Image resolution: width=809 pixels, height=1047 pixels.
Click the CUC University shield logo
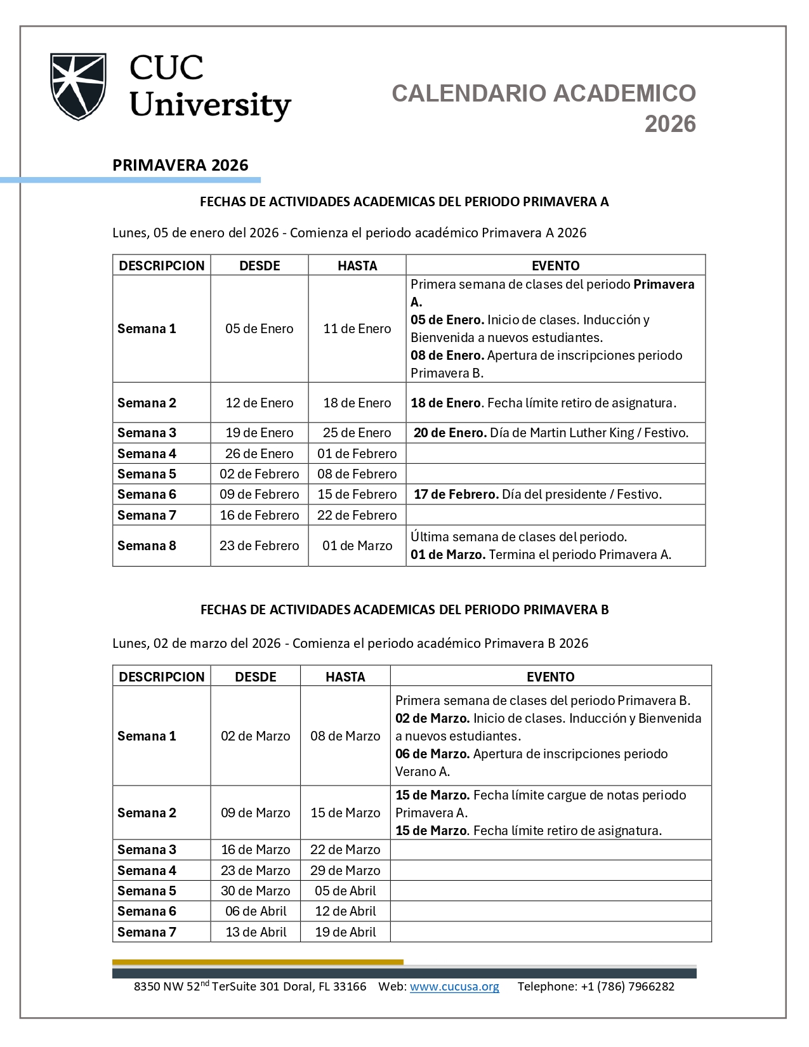point(78,87)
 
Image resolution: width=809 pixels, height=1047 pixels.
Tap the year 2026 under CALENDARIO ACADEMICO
point(670,124)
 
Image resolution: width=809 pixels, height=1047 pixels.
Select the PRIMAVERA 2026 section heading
point(180,165)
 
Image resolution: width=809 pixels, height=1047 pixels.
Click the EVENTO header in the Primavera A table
point(555,265)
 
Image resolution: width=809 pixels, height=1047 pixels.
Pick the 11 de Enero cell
point(357,329)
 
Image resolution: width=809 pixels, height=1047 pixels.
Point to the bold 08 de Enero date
point(447,355)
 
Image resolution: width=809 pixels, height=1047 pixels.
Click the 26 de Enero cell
point(259,454)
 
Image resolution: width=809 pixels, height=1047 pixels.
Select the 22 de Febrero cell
point(357,515)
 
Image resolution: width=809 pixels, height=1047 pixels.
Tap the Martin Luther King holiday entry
point(550,433)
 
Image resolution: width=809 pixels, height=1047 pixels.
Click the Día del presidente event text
point(581,494)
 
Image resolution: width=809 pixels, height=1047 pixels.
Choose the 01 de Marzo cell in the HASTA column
point(357,546)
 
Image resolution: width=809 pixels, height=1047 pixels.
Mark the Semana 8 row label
point(147,546)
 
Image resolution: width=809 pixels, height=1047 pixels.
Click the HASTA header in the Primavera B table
point(345,676)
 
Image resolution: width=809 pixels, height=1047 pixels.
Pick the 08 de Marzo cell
point(345,736)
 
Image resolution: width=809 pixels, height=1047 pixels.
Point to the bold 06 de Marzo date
point(432,754)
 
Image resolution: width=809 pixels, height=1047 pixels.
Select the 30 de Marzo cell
point(255,891)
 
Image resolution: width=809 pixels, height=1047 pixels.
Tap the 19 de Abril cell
point(345,932)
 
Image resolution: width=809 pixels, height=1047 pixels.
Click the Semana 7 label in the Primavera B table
point(147,932)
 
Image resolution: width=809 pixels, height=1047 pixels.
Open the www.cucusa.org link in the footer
point(454,987)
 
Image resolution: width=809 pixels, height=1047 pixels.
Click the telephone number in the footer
point(627,987)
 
